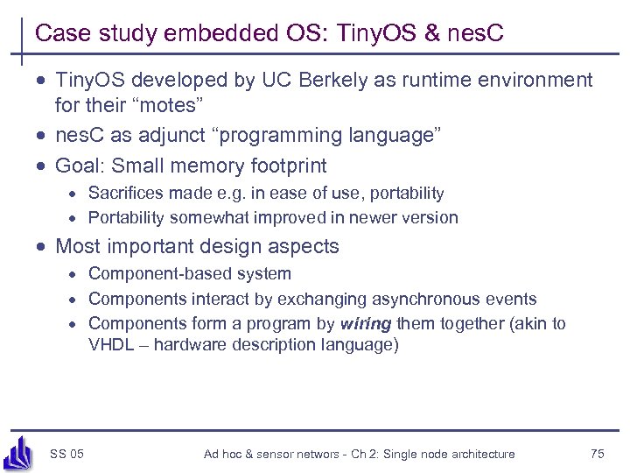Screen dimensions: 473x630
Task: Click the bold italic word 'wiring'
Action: point(366,324)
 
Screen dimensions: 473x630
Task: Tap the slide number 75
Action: point(598,454)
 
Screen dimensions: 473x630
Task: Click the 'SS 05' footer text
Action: point(67,454)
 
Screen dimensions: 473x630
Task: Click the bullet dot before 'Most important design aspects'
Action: point(41,248)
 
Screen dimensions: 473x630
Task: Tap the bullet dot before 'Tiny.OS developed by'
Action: point(41,81)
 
